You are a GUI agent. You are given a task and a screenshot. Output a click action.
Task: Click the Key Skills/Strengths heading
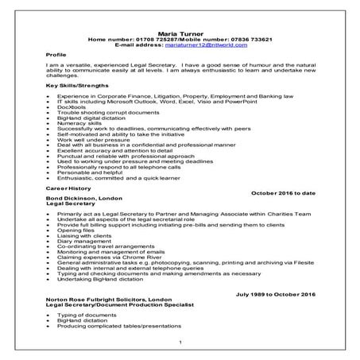point(77,85)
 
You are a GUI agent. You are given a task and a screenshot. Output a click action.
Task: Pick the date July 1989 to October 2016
point(276,294)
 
